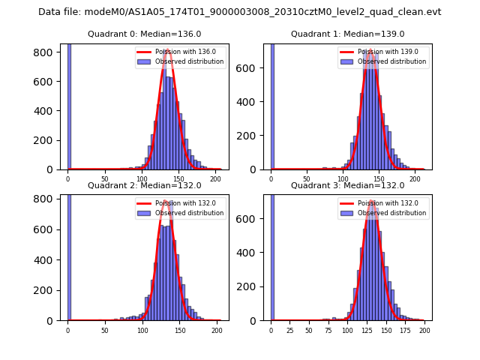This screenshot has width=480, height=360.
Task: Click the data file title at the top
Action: coord(240,12)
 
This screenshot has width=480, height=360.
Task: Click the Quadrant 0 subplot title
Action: coord(145,34)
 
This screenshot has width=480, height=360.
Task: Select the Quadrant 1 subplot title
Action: coord(348,34)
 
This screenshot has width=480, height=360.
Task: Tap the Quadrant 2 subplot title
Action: coord(145,185)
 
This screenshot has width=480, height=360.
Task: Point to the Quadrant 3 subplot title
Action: coord(348,185)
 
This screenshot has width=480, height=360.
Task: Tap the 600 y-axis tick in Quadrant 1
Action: coord(253,67)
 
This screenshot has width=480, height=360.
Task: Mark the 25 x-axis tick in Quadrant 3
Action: coord(290,330)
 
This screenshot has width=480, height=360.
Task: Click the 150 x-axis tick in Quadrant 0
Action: coord(178,178)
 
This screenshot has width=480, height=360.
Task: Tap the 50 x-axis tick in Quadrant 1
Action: coord(307,178)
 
